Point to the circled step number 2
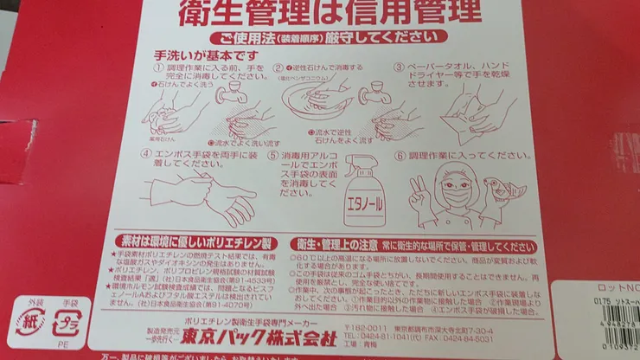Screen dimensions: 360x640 (278, 67)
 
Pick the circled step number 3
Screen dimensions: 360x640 (400, 67)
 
